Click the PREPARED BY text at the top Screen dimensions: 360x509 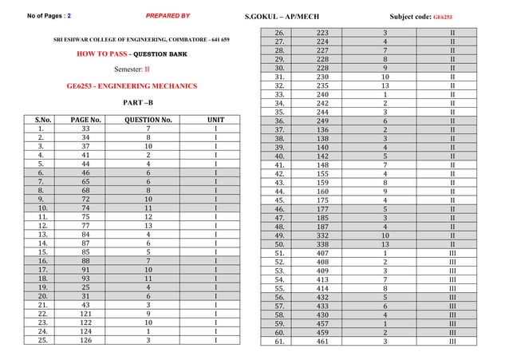[168, 16]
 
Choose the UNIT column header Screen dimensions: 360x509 [215, 120]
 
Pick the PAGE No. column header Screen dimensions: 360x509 [86, 120]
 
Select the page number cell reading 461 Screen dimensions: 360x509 [323, 341]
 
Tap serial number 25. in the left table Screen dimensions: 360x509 [40, 341]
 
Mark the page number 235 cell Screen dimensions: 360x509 [323, 85]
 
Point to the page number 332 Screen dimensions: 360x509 [323, 235]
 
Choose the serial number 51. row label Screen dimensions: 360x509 [280, 254]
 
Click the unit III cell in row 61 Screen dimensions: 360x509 [452, 341]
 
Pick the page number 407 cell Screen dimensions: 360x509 [323, 254]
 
